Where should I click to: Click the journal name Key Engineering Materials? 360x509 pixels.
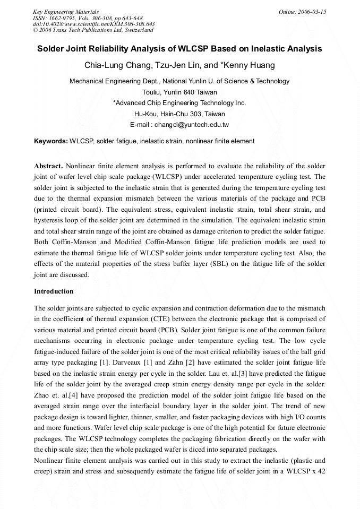tap(66, 12)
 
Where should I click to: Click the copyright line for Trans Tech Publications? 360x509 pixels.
tap(93, 30)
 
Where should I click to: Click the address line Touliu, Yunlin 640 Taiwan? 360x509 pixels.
tap(179, 92)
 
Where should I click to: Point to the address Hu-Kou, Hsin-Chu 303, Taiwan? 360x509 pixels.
tap(179, 114)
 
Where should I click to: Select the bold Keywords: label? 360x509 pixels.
tap(50, 142)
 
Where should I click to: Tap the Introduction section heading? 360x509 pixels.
tap(54, 291)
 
